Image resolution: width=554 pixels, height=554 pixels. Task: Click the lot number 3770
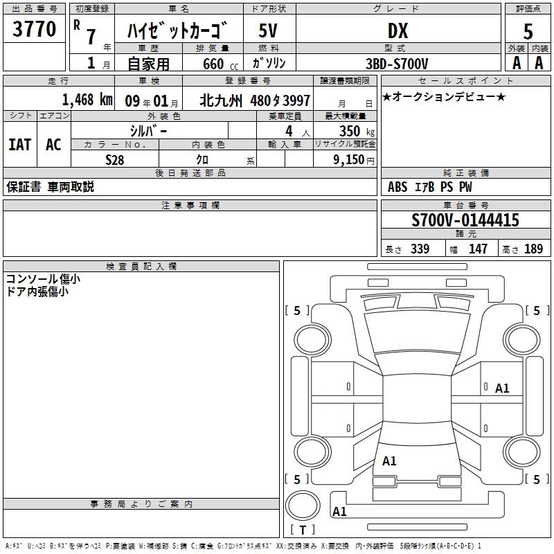pyautogui.click(x=35, y=29)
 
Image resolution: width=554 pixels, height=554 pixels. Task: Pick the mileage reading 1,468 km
pyautogui.click(x=87, y=100)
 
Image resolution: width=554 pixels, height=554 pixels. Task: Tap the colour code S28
pyautogui.click(x=115, y=159)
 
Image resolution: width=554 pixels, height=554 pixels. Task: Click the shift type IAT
pyautogui.click(x=19, y=145)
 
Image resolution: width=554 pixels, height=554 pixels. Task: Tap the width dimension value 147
pyautogui.click(x=478, y=249)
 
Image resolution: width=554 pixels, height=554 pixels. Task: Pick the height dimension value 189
pyautogui.click(x=534, y=249)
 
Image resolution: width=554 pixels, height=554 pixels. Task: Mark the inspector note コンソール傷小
pyautogui.click(x=43, y=279)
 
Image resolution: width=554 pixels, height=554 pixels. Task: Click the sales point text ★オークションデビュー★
pyautogui.click(x=443, y=96)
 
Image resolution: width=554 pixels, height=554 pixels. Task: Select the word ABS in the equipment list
pyautogui.click(x=397, y=187)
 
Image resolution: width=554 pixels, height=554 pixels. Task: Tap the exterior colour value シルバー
pyautogui.click(x=148, y=130)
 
